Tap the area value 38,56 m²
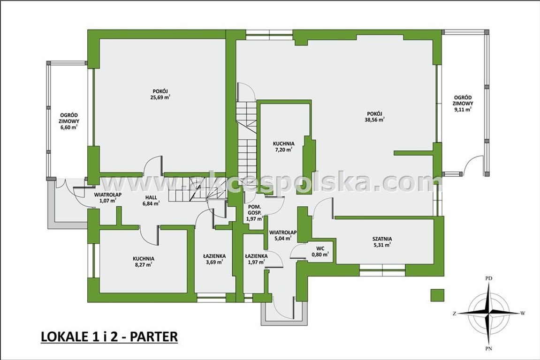click(x=374, y=120)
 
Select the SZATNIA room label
click(x=382, y=239)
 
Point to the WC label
click(x=320, y=248)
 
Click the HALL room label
click(x=151, y=197)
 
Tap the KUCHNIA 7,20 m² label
click(x=283, y=146)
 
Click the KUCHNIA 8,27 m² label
click(x=143, y=262)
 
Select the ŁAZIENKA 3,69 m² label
click(x=214, y=259)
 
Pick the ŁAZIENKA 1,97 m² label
click(x=256, y=259)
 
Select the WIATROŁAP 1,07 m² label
click(x=107, y=197)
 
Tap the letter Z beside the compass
click(x=455, y=313)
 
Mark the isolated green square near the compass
click(x=437, y=295)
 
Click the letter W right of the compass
click(x=523, y=313)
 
